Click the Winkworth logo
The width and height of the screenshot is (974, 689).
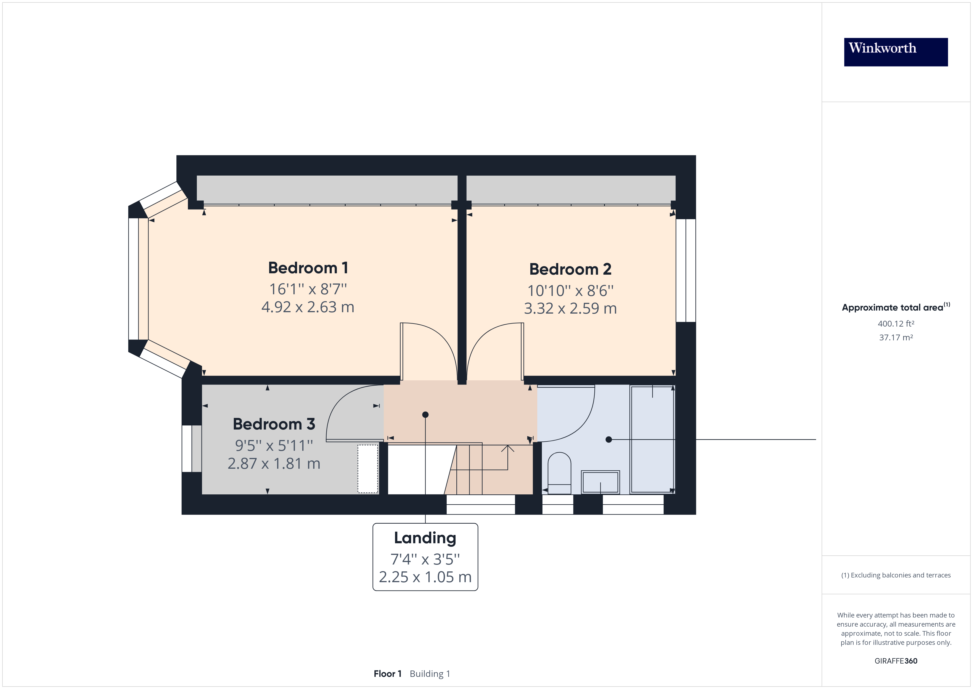(896, 52)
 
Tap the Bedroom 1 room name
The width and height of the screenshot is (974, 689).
(308, 268)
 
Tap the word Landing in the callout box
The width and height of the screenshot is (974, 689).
(425, 538)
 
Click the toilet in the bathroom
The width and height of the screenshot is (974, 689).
(559, 472)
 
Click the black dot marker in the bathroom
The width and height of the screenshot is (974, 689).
(609, 439)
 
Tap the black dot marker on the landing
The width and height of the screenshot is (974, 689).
(425, 415)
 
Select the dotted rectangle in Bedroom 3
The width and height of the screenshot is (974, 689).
(367, 469)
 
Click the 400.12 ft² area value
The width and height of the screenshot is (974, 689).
(896, 324)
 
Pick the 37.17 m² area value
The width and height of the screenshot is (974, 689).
(896, 338)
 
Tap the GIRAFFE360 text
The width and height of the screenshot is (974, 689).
(896, 661)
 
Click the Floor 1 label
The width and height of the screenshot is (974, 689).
(387, 674)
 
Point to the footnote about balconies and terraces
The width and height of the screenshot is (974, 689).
(896, 575)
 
